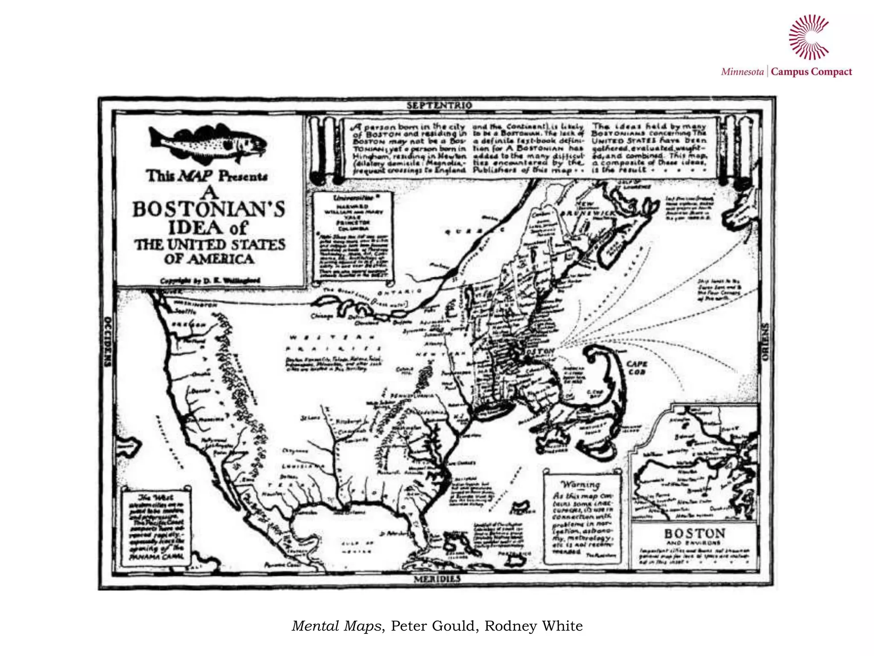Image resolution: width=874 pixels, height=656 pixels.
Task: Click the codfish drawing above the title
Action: (x=207, y=142)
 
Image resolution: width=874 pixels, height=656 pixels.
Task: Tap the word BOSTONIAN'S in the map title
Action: (x=209, y=209)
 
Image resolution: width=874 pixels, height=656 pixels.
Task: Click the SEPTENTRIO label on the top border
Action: (x=439, y=105)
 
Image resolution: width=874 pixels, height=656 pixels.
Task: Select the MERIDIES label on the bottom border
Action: (x=437, y=579)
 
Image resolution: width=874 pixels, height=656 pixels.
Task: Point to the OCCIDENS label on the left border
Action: (x=107, y=342)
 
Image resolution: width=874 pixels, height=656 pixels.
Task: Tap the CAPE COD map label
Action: (x=637, y=368)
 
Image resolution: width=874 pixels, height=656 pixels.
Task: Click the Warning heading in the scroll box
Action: (x=580, y=484)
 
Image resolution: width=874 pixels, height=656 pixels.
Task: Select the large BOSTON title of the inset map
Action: (x=694, y=533)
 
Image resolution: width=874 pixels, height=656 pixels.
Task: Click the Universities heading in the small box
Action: (x=353, y=198)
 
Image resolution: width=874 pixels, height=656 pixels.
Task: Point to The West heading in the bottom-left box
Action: (x=156, y=498)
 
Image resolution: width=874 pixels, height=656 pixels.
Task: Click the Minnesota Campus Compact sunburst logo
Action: (x=808, y=37)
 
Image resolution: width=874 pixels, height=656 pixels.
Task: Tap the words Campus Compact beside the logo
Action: (x=811, y=72)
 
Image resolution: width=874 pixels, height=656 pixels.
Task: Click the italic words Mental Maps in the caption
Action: (x=336, y=626)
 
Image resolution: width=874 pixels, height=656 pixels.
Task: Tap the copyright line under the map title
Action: (x=210, y=281)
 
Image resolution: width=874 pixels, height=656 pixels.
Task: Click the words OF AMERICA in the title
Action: (x=209, y=259)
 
